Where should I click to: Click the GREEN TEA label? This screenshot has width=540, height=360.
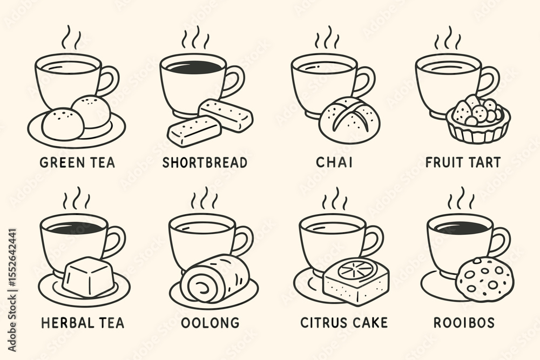click(x=77, y=162)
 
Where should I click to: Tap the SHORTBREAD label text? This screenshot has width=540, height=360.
click(x=205, y=162)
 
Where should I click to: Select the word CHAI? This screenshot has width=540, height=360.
click(x=334, y=162)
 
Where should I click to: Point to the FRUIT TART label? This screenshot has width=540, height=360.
click(x=463, y=162)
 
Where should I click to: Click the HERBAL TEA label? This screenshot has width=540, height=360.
click(x=83, y=323)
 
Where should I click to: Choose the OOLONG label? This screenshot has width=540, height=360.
click(x=210, y=323)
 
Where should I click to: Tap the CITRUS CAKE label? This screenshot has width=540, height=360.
click(x=344, y=323)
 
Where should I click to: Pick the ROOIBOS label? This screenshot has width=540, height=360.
click(x=464, y=323)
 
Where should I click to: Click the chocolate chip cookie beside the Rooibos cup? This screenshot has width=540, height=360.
click(x=485, y=280)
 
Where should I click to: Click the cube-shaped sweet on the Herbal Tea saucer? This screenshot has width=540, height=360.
click(x=89, y=277)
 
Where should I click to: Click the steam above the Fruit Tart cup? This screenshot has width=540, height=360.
click(x=447, y=38)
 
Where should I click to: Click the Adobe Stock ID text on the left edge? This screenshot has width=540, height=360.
click(x=12, y=290)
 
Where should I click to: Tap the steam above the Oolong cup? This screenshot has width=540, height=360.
click(x=205, y=198)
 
